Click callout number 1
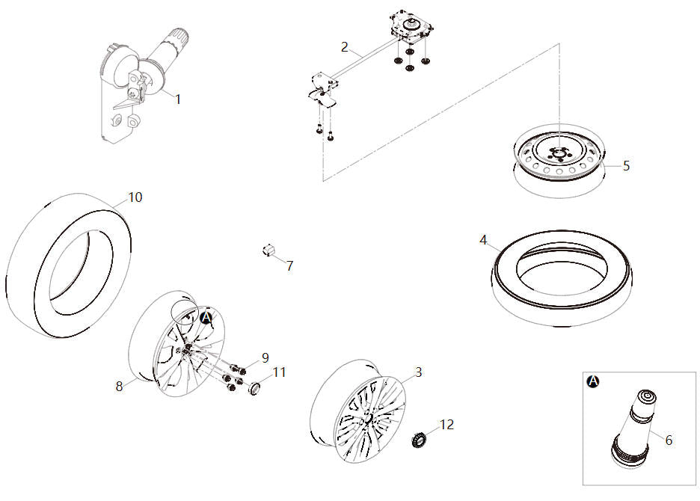[178, 99]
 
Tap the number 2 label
[344, 46]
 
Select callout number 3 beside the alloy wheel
[418, 372]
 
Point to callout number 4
[484, 240]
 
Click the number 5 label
[626, 165]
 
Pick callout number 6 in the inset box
[669, 440]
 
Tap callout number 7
[289, 265]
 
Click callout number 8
[119, 387]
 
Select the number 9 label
[265, 357]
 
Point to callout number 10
[135, 197]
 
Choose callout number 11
[279, 372]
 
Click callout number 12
[446, 425]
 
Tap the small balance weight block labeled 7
[266, 250]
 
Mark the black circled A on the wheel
[207, 317]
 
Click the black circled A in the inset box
[593, 381]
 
